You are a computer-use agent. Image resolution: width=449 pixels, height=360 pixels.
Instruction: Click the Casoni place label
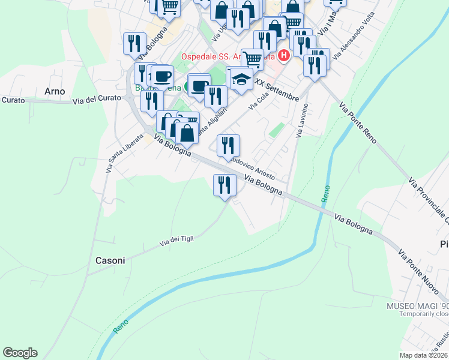pyautogui.click(x=110, y=260)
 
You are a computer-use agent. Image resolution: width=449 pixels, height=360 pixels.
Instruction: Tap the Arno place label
pyautogui.click(x=55, y=91)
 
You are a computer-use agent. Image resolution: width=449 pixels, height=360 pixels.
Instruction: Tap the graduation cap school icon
pyautogui.click(x=241, y=79)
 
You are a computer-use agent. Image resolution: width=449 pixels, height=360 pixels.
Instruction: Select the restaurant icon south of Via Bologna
pyautogui.click(x=225, y=184)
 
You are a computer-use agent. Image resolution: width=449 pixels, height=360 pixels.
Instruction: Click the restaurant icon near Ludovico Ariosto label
pyautogui.click(x=228, y=146)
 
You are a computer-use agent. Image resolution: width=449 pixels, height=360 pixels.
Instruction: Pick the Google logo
pyautogui.click(x=20, y=352)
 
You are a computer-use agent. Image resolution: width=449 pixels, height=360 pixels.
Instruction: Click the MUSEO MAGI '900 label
pyautogui.click(x=417, y=305)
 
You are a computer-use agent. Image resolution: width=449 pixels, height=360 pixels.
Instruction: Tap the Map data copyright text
pyautogui.click(x=424, y=355)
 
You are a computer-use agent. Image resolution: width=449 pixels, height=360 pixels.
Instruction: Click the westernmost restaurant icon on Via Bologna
pyautogui.click(x=134, y=43)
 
